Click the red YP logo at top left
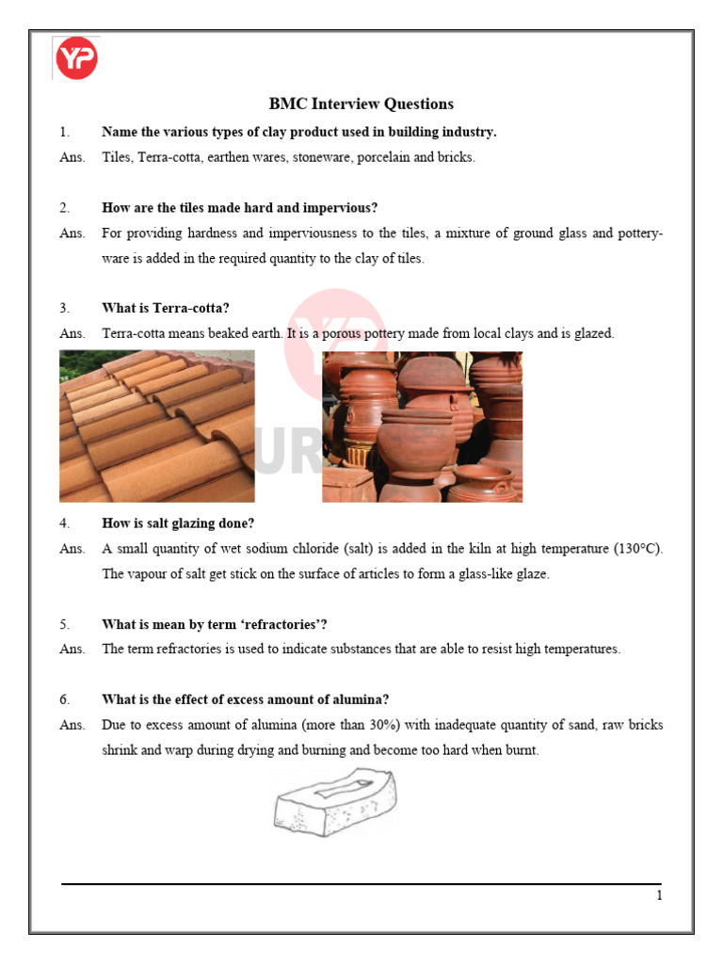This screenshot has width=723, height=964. [x=76, y=58]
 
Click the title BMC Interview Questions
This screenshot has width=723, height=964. [x=361, y=104]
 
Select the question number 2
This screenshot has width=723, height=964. [x=64, y=208]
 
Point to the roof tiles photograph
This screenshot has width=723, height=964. [x=156, y=426]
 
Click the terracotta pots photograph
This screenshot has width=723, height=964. [x=422, y=426]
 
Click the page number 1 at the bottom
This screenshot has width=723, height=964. [x=659, y=896]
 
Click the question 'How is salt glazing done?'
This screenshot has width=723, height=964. [x=178, y=523]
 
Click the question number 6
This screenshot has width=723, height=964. [x=64, y=699]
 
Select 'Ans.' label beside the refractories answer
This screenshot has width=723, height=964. [x=72, y=649]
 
